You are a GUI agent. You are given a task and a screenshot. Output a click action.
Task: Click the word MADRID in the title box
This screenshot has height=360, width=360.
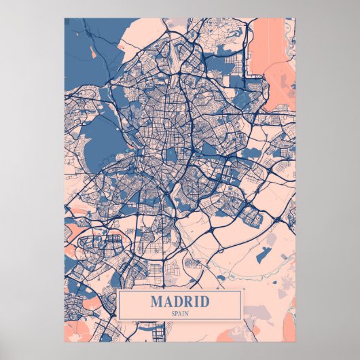pos(180,301)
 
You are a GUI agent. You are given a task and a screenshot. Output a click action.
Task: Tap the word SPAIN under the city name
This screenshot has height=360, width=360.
pos(180,312)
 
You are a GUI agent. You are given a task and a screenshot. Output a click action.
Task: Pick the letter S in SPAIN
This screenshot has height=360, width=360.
pos(173,312)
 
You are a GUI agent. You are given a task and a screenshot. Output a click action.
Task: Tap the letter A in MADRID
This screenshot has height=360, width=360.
pos(168,301)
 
